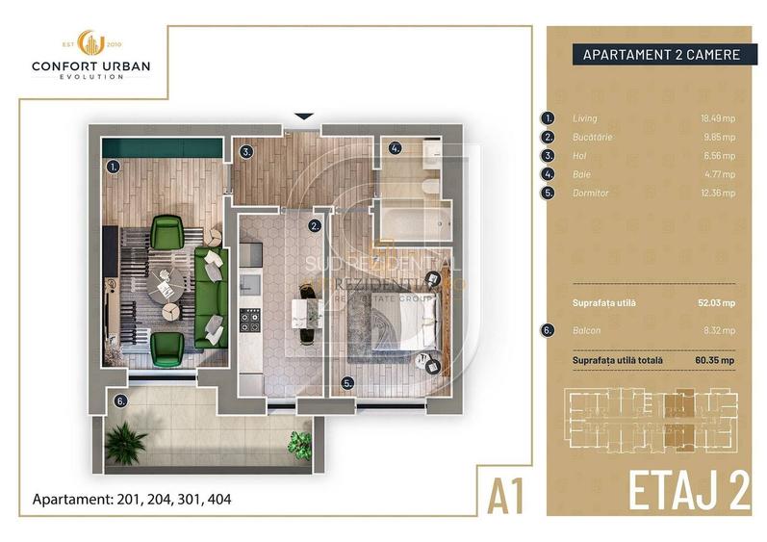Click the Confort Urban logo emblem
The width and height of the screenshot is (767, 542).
click(91, 44)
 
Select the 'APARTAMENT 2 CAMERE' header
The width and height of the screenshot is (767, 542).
click(661, 55)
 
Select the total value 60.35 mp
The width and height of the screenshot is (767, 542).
click(716, 360)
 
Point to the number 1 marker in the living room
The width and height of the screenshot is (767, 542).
click(114, 166)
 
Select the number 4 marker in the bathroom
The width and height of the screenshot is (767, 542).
click(395, 148)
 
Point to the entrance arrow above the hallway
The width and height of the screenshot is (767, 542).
click(302, 116)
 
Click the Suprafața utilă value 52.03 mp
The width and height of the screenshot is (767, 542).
click(716, 301)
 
